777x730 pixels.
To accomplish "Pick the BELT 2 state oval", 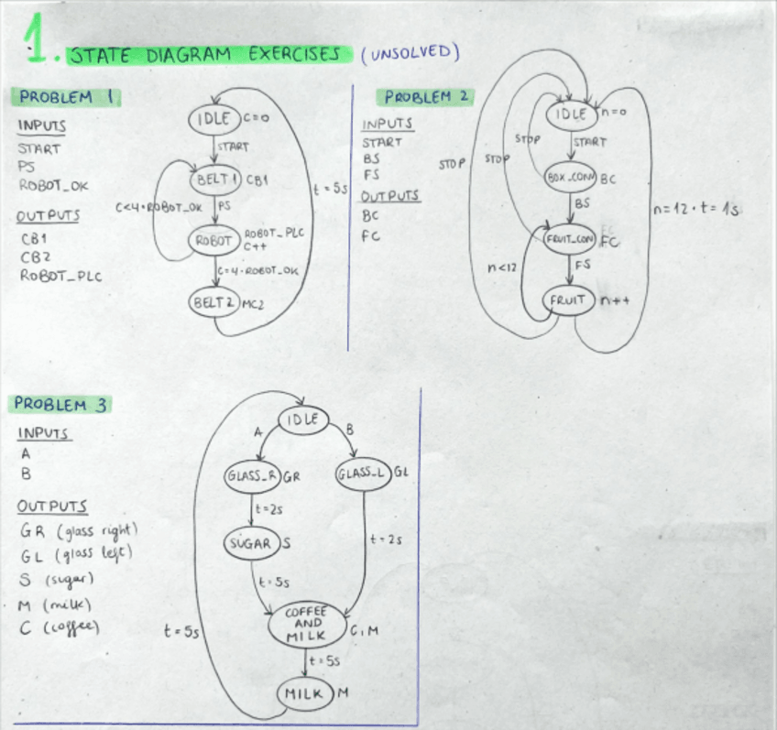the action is (214, 301).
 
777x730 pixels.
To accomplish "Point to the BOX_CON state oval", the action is (571, 178).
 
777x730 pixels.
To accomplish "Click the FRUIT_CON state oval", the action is (570, 240).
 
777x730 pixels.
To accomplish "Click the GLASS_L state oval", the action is (363, 474).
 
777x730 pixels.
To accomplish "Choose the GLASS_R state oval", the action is (251, 475).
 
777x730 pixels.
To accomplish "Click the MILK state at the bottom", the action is (304, 693).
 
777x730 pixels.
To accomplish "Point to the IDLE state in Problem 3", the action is (303, 419).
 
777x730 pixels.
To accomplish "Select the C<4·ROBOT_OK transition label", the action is (159, 207).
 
